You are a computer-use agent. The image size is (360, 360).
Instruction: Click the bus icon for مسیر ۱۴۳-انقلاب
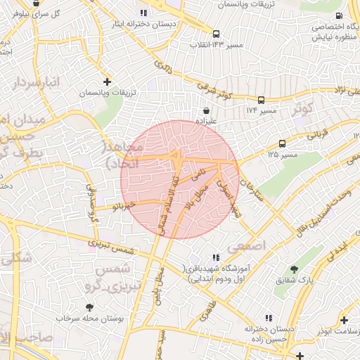tap(216, 33)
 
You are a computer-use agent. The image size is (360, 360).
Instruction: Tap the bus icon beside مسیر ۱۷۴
tap(261, 100)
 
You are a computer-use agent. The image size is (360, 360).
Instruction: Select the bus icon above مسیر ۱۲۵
tap(282, 142)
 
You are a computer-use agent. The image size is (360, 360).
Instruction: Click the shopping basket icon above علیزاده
tap(205, 110)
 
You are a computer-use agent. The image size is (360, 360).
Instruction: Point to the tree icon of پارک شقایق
tap(294, 269)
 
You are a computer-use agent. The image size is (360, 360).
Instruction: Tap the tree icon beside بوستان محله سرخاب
tap(89, 307)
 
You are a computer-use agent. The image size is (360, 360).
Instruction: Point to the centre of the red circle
tap(179, 179)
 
